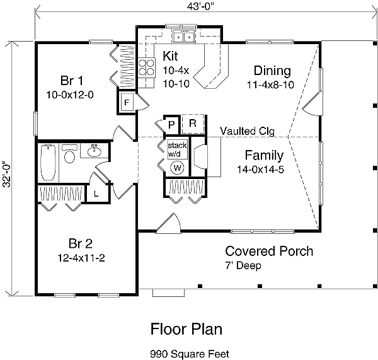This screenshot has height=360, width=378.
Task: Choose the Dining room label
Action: click(272, 70)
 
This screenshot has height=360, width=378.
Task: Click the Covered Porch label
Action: click(269, 251)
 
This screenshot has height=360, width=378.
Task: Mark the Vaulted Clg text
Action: click(246, 131)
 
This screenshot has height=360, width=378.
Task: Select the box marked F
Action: click(127, 102)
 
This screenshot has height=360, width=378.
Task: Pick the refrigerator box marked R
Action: click(193, 124)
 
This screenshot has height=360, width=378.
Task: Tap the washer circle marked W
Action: click(177, 168)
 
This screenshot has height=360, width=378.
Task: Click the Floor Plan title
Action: click(186, 328)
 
